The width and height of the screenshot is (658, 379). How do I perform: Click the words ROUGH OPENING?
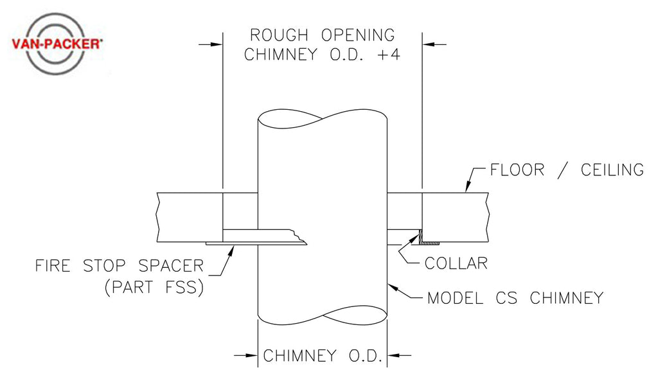click(x=322, y=35)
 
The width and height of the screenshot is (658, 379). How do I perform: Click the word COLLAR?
click(x=456, y=263)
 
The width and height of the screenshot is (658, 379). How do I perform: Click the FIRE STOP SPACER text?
click(x=120, y=265)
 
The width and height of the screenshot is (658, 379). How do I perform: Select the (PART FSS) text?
click(x=154, y=287)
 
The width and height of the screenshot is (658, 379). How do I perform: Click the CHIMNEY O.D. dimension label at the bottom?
click(x=323, y=355)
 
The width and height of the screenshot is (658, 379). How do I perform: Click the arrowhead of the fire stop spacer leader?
click(x=229, y=248)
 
